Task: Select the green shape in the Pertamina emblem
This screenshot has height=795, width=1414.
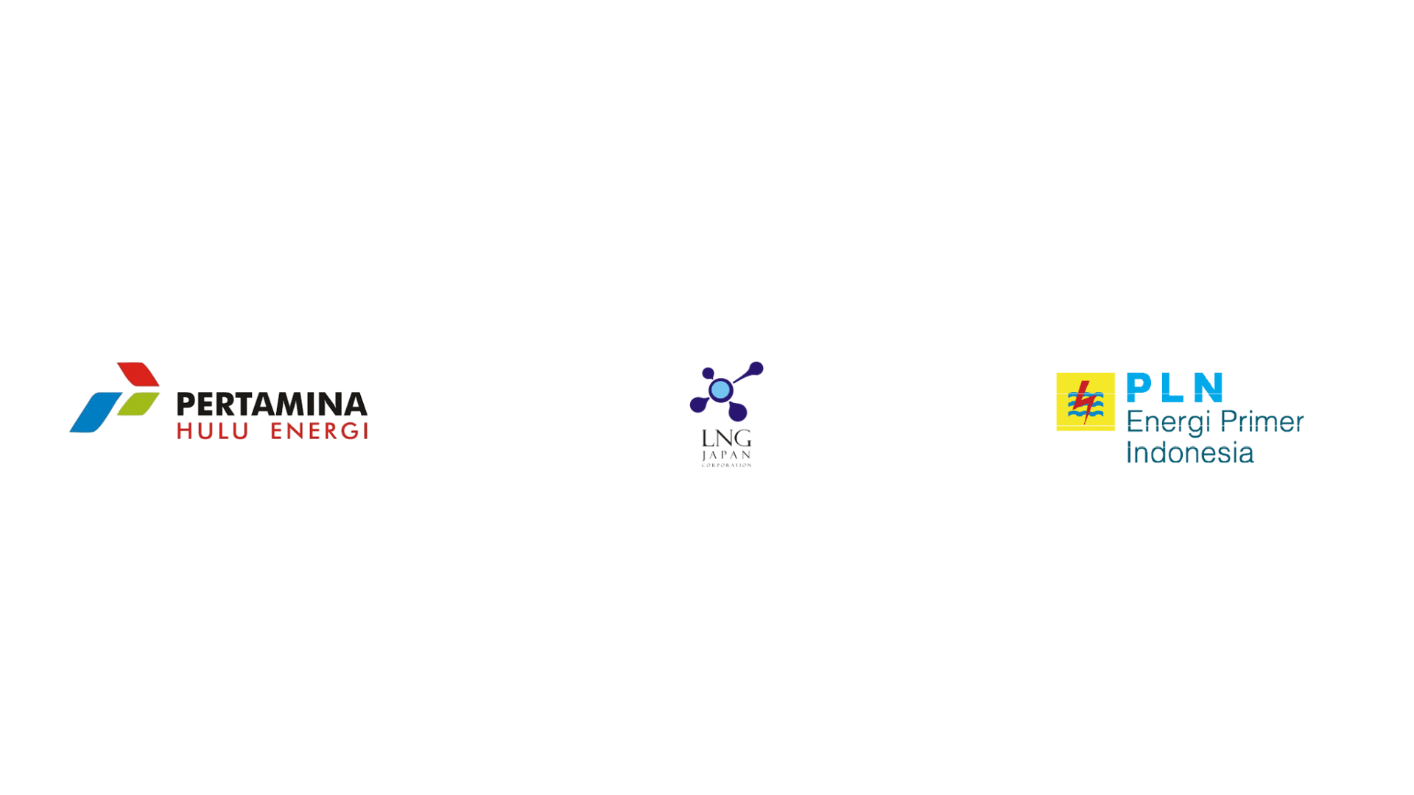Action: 138,403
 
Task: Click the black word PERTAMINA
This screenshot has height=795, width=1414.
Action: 272,404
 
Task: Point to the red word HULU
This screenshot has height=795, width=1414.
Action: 212,431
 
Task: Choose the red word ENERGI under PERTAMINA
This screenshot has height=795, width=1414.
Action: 319,431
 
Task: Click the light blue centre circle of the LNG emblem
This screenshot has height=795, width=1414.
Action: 720,389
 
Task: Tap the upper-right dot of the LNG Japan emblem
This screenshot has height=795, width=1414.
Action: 755,368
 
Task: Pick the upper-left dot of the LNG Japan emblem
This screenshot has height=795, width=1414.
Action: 708,373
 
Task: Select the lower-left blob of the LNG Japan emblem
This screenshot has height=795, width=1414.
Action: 697,404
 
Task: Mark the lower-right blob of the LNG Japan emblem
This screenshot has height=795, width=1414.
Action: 737,412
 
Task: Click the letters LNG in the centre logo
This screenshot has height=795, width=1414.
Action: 726,439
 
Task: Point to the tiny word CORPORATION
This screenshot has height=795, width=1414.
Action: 726,465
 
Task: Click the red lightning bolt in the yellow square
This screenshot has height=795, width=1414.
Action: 1083,402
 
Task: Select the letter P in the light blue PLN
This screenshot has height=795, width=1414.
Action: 1139,388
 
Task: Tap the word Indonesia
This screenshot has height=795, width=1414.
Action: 1189,452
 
